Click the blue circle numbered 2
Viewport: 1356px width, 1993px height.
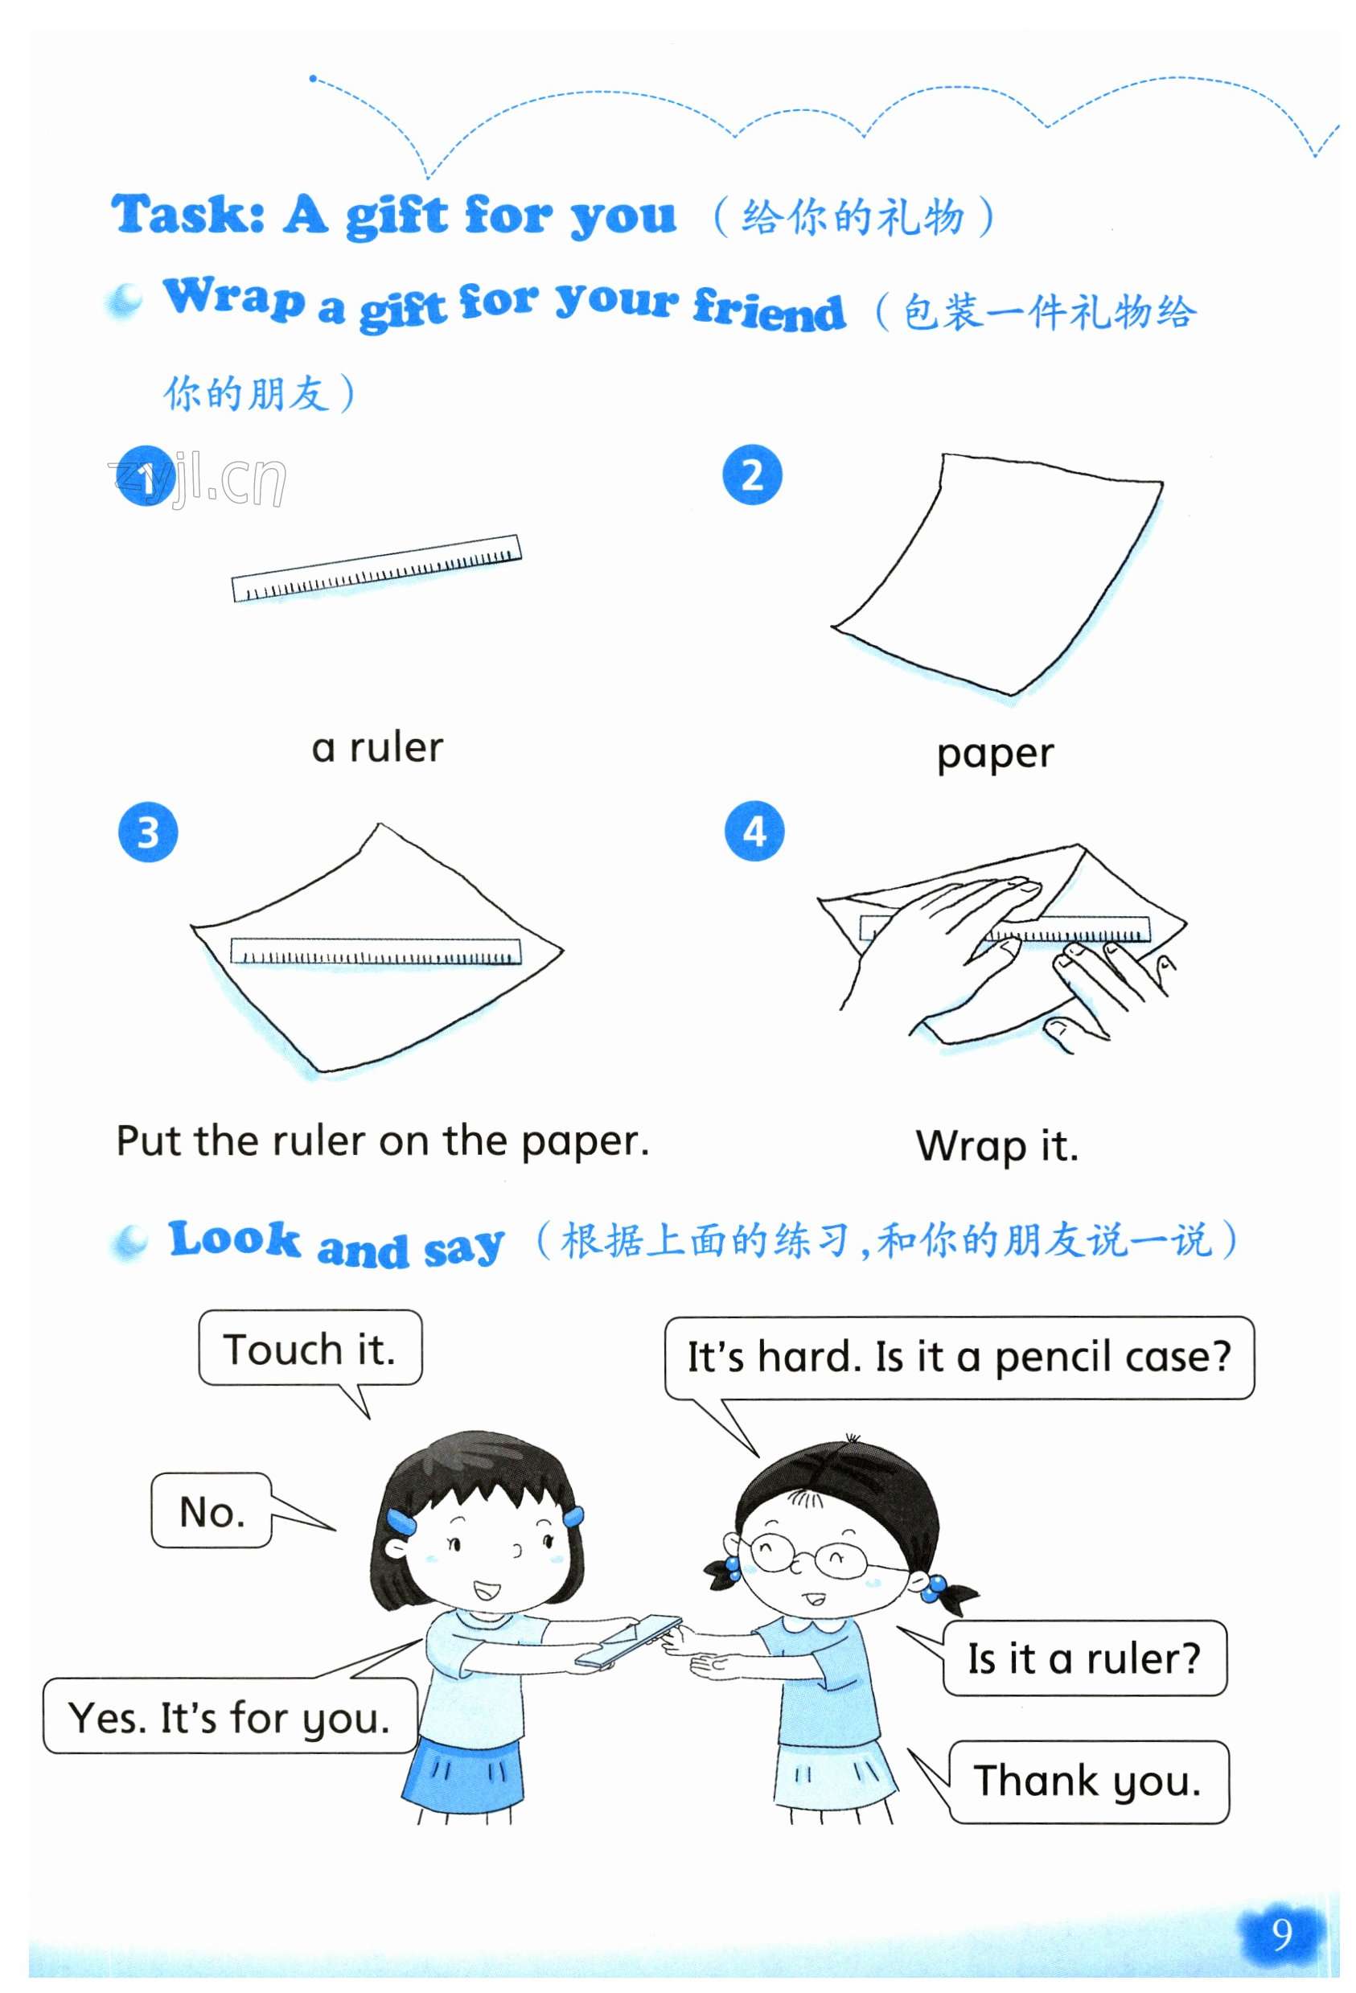pos(752,475)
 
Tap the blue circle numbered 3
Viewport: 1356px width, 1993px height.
pos(147,832)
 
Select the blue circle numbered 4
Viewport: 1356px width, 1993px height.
pos(754,831)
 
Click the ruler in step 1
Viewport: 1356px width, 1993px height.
pos(376,568)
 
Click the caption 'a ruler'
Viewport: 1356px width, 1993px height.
pos(377,747)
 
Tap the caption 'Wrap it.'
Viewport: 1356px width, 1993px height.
pos(996,1146)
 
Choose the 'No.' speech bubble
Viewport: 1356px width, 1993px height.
pos(212,1510)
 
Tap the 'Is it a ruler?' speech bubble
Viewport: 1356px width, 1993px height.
pos(1084,1658)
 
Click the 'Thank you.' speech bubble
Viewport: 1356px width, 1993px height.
pos(1087,1781)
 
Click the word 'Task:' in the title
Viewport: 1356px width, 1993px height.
pos(188,214)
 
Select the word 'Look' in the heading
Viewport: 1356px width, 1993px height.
pos(234,1239)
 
